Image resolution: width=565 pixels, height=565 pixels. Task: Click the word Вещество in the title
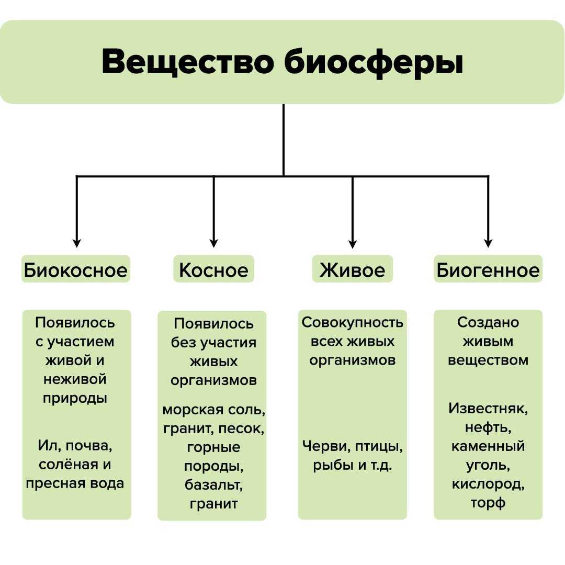(x=187, y=61)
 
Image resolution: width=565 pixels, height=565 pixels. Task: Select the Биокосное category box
(x=76, y=269)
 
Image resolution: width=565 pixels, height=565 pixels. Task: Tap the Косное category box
(x=213, y=269)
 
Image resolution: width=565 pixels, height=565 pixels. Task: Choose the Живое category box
(x=353, y=269)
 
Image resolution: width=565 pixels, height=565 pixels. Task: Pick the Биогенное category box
(x=488, y=269)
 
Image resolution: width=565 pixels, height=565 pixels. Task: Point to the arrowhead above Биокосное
(x=76, y=243)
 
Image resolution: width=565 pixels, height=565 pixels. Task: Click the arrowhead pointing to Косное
(x=213, y=243)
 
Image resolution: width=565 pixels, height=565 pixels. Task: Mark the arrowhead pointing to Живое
(x=353, y=243)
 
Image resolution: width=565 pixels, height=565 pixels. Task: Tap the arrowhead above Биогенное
(x=488, y=243)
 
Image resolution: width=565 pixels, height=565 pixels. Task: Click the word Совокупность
(x=353, y=322)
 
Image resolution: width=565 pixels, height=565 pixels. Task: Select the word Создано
(x=488, y=322)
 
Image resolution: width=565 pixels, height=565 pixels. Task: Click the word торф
(x=488, y=503)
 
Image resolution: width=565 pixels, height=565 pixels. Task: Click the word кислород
(x=488, y=484)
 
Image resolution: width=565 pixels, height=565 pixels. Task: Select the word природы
(x=75, y=399)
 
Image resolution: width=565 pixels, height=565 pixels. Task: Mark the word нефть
(x=488, y=427)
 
